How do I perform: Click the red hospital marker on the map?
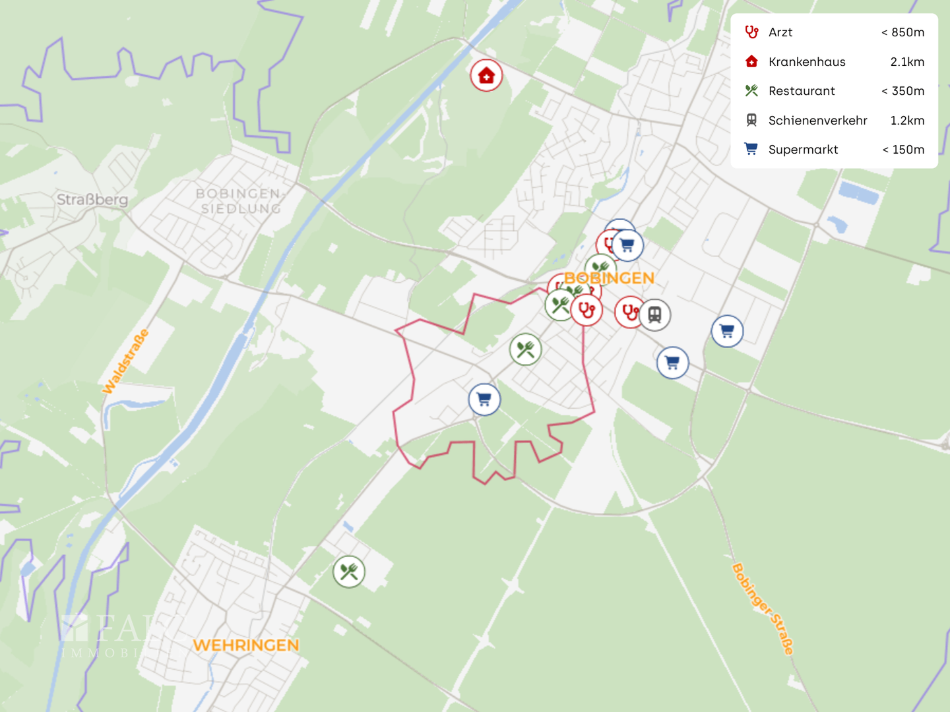[x=486, y=76]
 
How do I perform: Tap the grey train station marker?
[x=654, y=314]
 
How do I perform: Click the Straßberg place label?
[x=92, y=199]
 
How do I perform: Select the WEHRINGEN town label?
[x=245, y=645]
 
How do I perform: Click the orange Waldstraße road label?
[x=125, y=361]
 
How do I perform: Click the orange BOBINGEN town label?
[x=609, y=278]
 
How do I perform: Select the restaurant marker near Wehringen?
[x=349, y=572]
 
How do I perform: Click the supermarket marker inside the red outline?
[x=484, y=400]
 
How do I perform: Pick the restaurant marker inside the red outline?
[x=526, y=349]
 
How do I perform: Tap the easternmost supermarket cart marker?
[x=727, y=331]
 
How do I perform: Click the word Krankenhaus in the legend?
[x=807, y=62]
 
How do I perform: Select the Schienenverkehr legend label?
[x=817, y=121]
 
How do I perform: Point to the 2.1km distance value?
[x=907, y=62]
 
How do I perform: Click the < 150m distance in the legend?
[x=903, y=150]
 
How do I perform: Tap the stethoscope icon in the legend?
[x=751, y=32]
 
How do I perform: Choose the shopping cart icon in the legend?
[x=751, y=149]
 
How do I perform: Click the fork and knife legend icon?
[x=751, y=91]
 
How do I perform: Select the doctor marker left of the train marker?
[x=629, y=312]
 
